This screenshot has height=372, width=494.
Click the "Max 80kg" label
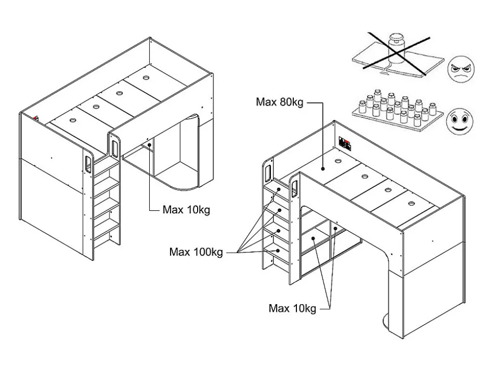(x=280, y=102)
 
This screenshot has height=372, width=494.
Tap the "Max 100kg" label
(x=196, y=252)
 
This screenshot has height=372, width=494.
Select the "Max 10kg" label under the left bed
(x=186, y=209)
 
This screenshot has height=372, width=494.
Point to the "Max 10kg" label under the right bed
(x=292, y=308)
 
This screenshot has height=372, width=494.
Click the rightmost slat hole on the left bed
(x=146, y=78)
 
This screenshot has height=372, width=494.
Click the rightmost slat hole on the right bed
(x=410, y=203)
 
